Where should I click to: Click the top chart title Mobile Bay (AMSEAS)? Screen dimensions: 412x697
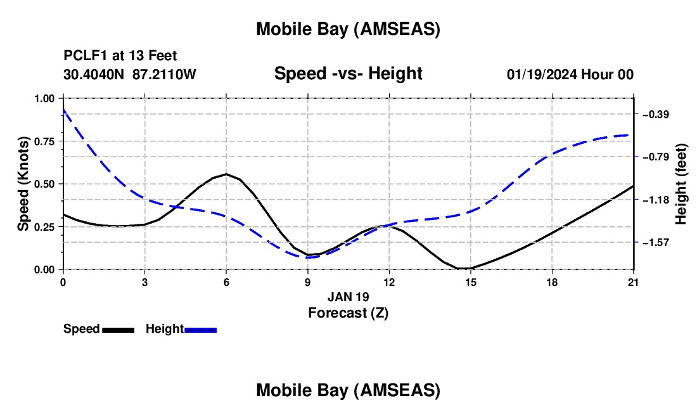click(x=348, y=29)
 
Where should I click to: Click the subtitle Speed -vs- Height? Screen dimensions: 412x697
click(x=348, y=74)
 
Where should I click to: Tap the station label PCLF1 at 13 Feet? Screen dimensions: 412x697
click(x=120, y=56)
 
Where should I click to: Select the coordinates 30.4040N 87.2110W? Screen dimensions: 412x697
click(x=130, y=74)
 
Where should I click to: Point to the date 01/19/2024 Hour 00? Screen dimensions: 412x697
click(x=570, y=74)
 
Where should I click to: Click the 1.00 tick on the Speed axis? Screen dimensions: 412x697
click(x=44, y=98)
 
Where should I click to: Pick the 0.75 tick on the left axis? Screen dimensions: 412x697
click(x=44, y=141)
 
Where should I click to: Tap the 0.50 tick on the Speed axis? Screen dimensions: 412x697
click(x=44, y=184)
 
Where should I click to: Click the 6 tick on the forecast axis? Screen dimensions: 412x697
click(x=226, y=281)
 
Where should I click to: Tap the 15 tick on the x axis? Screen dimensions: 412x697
click(x=471, y=281)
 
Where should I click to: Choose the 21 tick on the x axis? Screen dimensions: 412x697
click(x=634, y=281)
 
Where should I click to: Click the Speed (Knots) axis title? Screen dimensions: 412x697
click(x=23, y=184)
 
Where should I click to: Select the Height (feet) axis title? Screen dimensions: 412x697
click(x=682, y=184)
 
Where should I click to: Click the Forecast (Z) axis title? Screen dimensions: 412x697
click(x=348, y=312)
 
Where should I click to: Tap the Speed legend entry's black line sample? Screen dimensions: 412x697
click(x=118, y=330)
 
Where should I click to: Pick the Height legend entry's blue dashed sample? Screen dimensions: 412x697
click(x=201, y=330)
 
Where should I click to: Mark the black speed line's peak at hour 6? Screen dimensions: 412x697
click(x=226, y=174)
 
